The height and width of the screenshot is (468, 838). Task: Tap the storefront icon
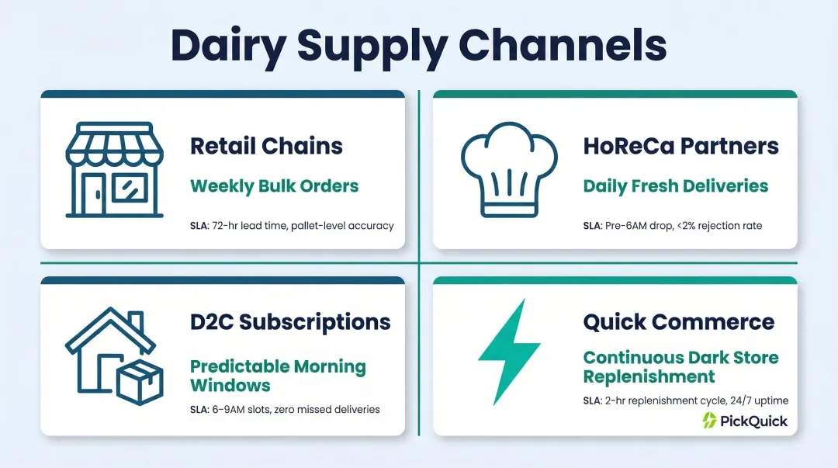coord(109,168)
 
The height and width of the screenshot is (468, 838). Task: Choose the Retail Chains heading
coord(266,145)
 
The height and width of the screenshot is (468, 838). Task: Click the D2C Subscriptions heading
coord(290,321)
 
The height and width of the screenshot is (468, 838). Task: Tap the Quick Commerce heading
coord(679,321)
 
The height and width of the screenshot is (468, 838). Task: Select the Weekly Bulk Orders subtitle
coord(275,186)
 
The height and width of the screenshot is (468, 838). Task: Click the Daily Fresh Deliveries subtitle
coord(675,186)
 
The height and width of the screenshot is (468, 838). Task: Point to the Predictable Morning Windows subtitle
coord(278,376)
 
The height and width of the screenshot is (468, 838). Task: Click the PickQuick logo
coord(744,421)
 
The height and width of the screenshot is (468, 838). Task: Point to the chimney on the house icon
coord(136,322)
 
